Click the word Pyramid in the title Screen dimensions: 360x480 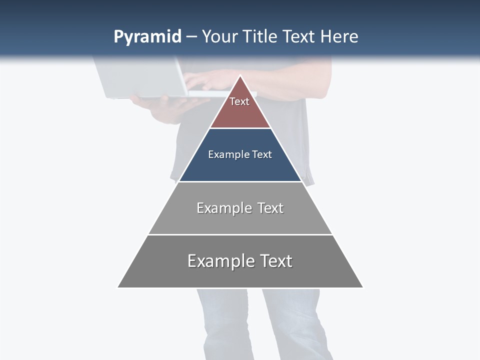click(147, 37)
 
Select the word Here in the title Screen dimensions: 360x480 click(339, 36)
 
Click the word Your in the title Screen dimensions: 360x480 click(219, 36)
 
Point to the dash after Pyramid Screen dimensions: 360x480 click(191, 37)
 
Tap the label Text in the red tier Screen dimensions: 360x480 click(239, 101)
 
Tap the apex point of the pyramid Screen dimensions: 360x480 click(240, 76)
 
